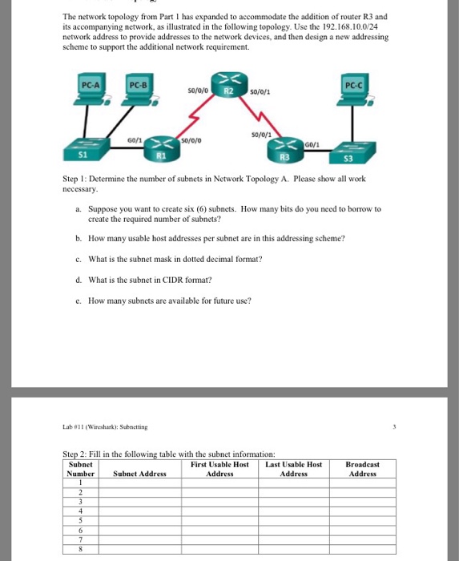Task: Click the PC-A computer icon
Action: click(91, 92)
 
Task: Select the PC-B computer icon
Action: click(139, 92)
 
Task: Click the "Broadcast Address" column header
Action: click(362, 469)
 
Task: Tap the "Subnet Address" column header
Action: click(139, 474)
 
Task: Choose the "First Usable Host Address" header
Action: click(219, 469)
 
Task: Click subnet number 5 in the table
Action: click(81, 519)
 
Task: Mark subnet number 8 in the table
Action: click(81, 550)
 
